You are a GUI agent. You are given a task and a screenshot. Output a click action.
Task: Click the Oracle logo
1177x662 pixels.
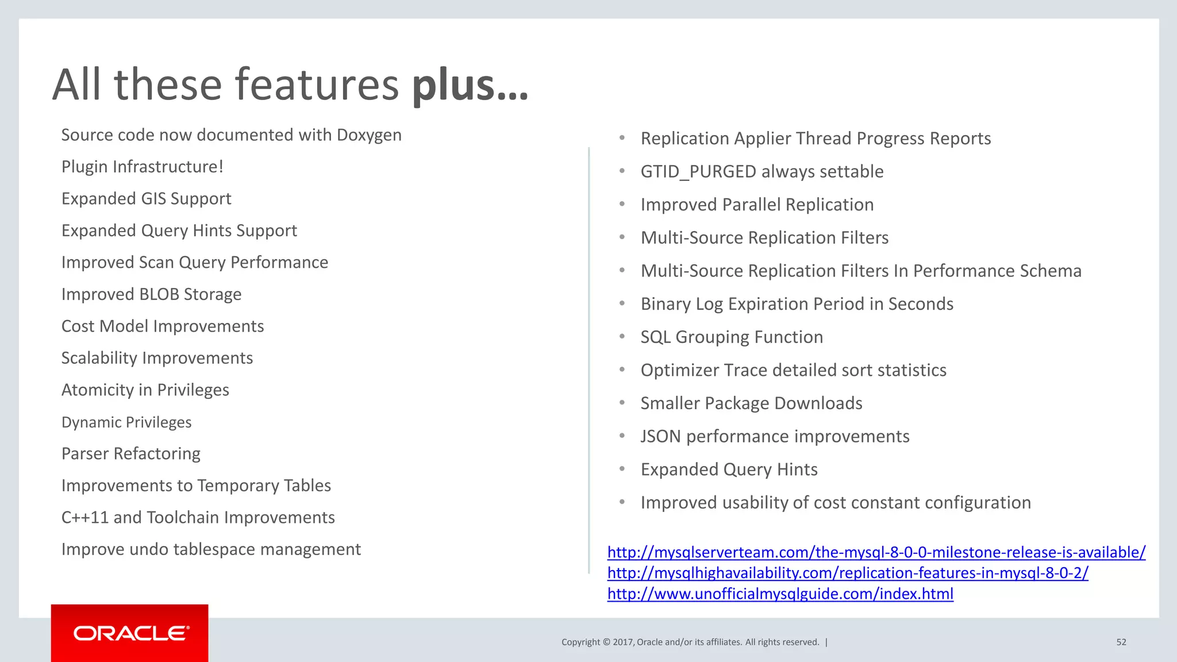(x=130, y=633)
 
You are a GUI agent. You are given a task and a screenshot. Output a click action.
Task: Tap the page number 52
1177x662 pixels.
(x=1121, y=642)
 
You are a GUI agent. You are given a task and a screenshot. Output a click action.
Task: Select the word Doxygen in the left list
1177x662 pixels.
(x=369, y=135)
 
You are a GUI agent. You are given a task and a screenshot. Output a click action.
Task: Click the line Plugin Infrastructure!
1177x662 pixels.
(x=142, y=167)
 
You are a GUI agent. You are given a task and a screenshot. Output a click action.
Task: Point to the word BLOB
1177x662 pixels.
(x=159, y=294)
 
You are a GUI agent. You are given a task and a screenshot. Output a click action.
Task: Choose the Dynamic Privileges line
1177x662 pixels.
(x=126, y=422)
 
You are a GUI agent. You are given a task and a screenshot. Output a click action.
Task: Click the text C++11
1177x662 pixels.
(x=84, y=518)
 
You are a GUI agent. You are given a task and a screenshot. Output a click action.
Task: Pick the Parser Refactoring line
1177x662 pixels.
(x=130, y=454)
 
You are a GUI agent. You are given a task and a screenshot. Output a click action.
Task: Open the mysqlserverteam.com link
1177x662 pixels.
(x=876, y=552)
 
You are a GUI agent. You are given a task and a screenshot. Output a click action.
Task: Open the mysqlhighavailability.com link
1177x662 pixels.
(x=847, y=573)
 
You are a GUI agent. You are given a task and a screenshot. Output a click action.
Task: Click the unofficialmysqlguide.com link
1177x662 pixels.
(x=780, y=594)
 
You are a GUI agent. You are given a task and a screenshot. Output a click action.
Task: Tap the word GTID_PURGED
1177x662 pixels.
(x=698, y=172)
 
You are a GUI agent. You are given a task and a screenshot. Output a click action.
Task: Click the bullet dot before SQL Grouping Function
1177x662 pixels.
(x=622, y=337)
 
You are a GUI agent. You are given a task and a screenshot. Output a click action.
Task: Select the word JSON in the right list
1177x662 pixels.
(x=660, y=437)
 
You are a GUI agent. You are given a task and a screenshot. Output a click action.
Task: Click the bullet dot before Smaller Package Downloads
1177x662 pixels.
(x=622, y=403)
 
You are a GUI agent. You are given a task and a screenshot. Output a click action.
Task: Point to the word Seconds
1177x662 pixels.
(x=921, y=304)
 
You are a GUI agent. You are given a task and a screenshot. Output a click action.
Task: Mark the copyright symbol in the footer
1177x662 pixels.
(x=606, y=642)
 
